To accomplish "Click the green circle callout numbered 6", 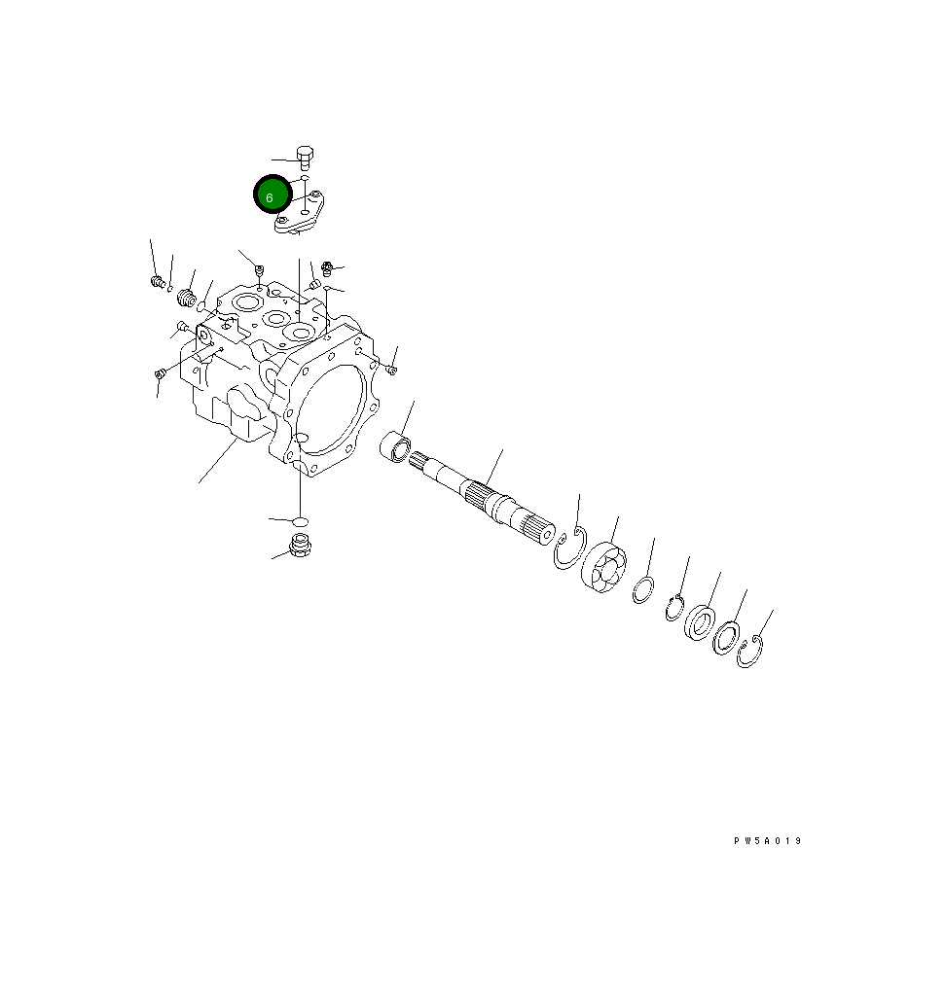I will [x=273, y=195].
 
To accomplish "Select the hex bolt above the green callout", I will [x=305, y=157].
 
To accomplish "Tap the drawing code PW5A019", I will [x=768, y=841].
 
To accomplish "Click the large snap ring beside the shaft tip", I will [x=568, y=549].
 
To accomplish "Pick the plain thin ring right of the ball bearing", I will [x=642, y=590].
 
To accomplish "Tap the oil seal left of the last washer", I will [x=699, y=621].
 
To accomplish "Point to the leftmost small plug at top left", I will [x=155, y=282].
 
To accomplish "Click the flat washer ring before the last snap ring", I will [x=725, y=637].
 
